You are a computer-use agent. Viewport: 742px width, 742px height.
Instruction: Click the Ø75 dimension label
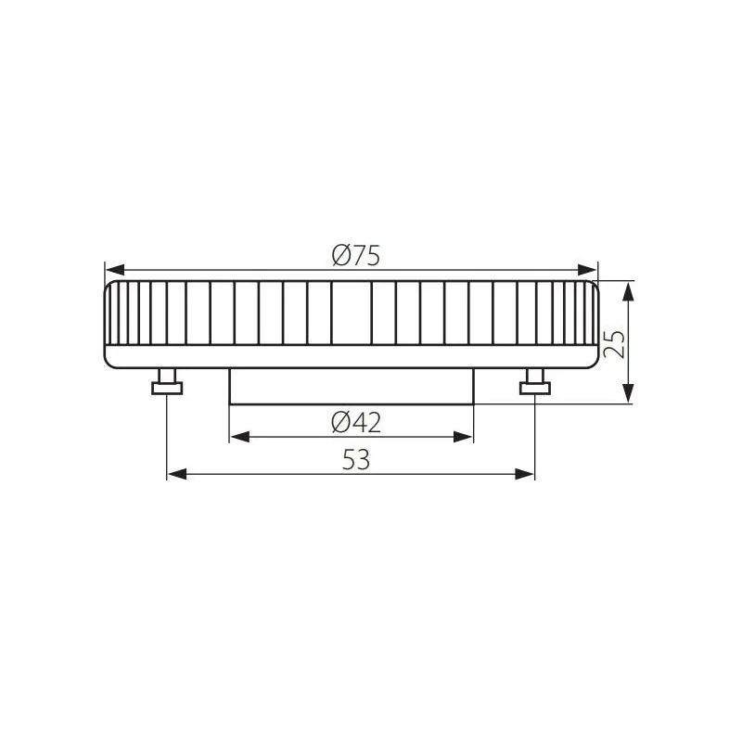pos(356,256)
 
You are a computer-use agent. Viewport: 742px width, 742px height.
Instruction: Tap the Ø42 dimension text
pos(356,422)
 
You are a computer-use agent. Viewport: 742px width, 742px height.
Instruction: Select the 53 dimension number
pos(356,459)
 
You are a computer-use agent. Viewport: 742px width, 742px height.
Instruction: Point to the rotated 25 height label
pos(614,344)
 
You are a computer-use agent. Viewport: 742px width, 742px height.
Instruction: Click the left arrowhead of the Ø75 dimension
pos(115,270)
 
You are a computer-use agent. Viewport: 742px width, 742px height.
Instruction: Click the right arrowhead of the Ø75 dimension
pos(587,270)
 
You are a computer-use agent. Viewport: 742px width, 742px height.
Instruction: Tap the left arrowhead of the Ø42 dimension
pos(239,437)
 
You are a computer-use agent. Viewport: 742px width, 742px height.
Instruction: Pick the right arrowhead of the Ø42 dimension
pos(463,437)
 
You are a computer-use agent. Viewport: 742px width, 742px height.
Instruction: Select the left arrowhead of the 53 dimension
pos(177,474)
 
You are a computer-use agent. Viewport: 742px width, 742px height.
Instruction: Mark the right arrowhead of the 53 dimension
pos(525,474)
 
